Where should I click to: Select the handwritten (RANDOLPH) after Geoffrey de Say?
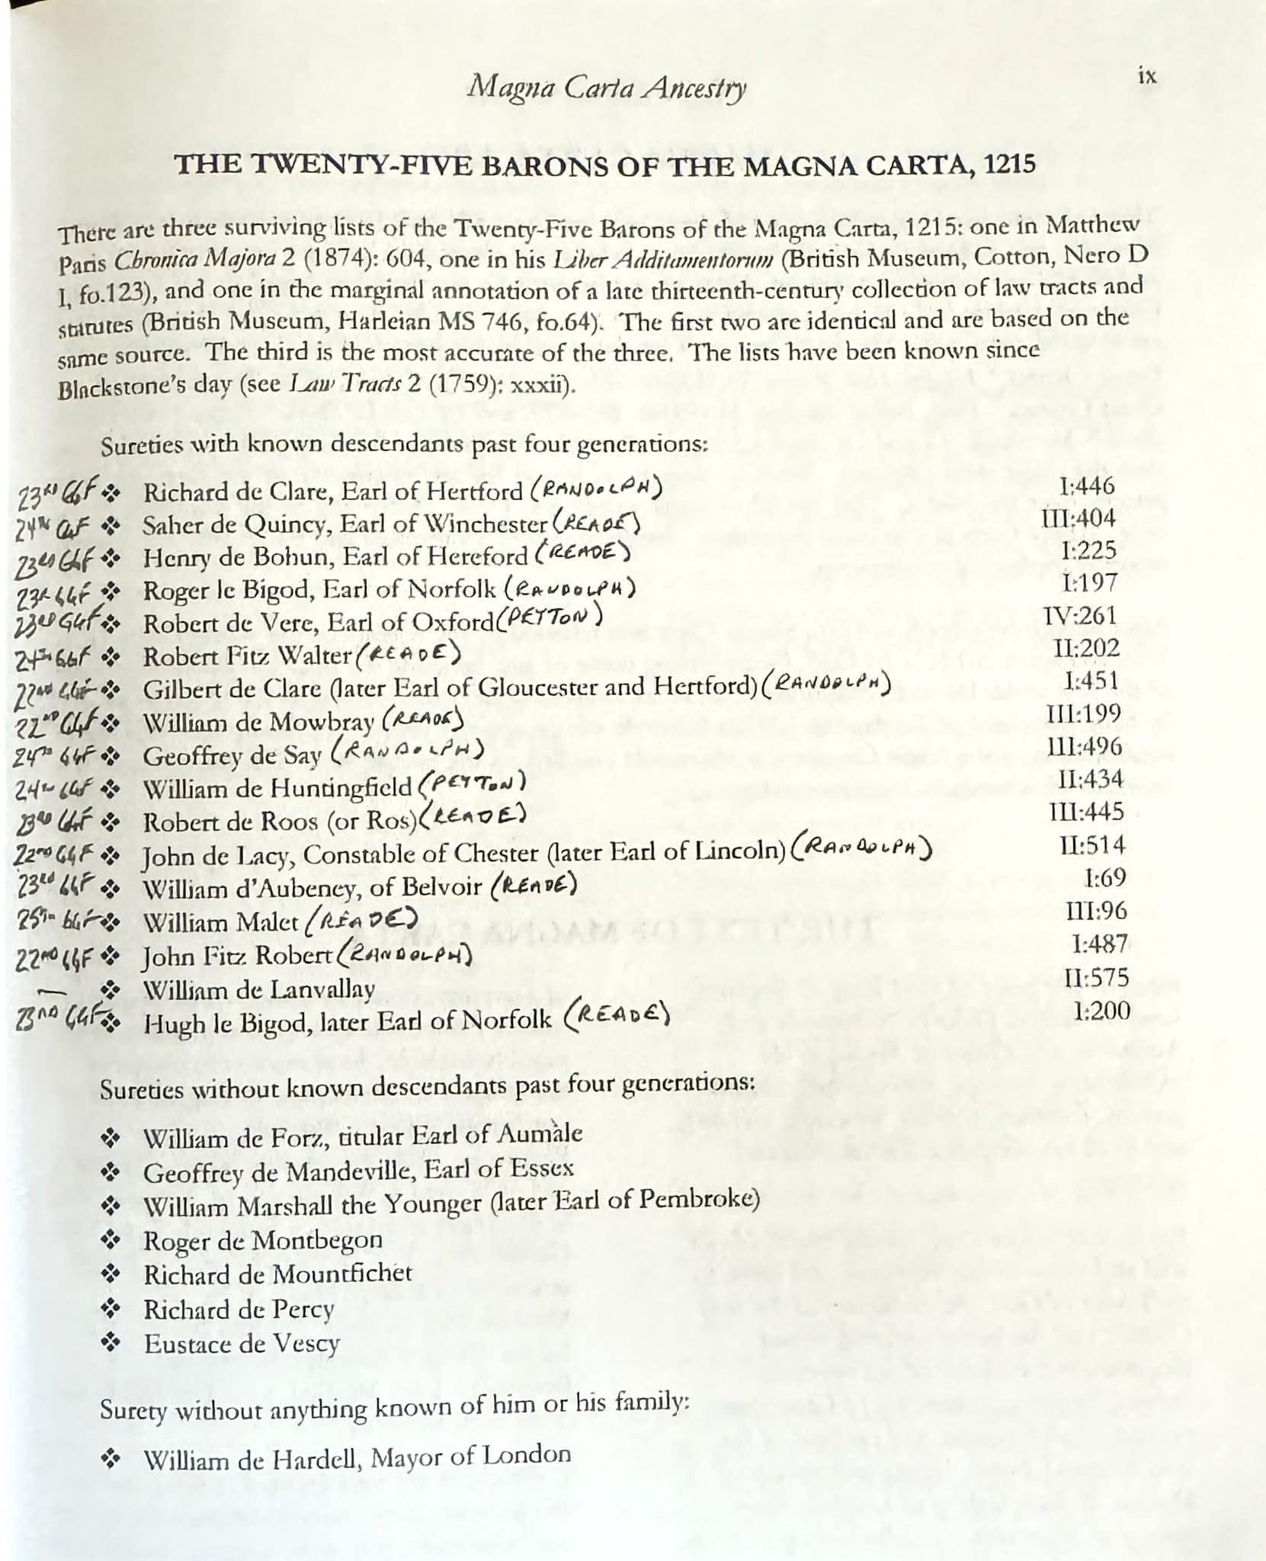(409, 753)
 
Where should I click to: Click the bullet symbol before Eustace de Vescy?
(111, 1343)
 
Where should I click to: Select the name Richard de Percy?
(239, 1309)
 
